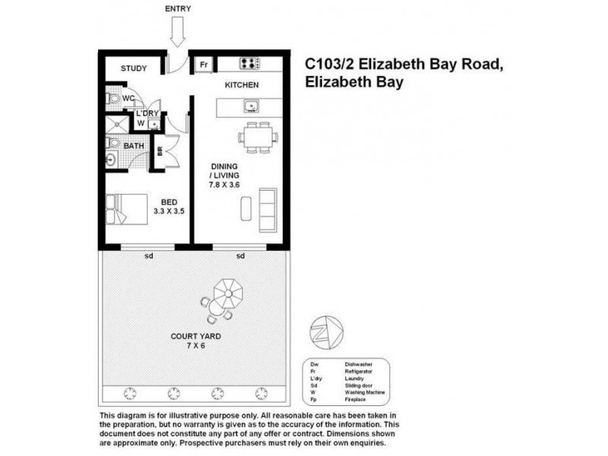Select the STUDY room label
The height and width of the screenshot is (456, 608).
pos(134,69)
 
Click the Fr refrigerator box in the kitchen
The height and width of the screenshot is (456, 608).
pos(204,65)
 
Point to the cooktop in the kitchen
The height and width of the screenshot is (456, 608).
pos(250,64)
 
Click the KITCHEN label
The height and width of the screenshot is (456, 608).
pos(242,85)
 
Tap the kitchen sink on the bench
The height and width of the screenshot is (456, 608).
pos(252,106)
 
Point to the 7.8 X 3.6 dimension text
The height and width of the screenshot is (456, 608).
pos(226,183)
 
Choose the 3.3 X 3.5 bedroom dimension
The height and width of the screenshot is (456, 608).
pos(169,211)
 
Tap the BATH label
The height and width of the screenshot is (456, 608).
pos(134,145)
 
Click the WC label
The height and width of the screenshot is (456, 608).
pos(128,99)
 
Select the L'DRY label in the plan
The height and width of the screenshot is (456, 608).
pos(146,113)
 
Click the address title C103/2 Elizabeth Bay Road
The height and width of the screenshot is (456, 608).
pos(404,66)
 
